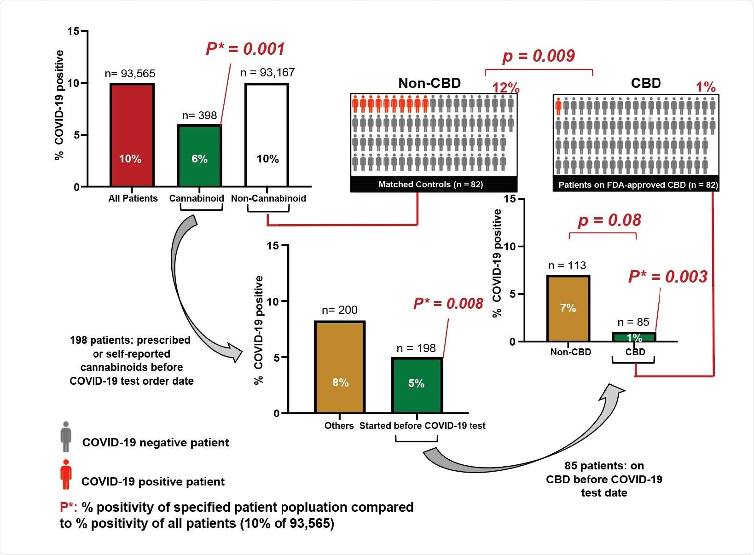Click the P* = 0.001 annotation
click(245, 49)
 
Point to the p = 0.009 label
click(538, 56)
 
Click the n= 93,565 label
click(130, 74)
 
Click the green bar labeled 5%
click(417, 385)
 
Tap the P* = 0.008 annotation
click(448, 303)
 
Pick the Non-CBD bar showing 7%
click(568, 308)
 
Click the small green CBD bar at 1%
click(634, 337)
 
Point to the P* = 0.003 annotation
click(667, 277)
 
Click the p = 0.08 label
click(609, 220)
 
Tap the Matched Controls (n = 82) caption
click(430, 185)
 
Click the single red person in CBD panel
click(559, 106)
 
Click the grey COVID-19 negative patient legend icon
click(66, 436)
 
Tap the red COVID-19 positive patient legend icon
click(66, 474)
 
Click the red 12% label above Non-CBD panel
click(505, 88)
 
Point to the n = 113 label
click(567, 266)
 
